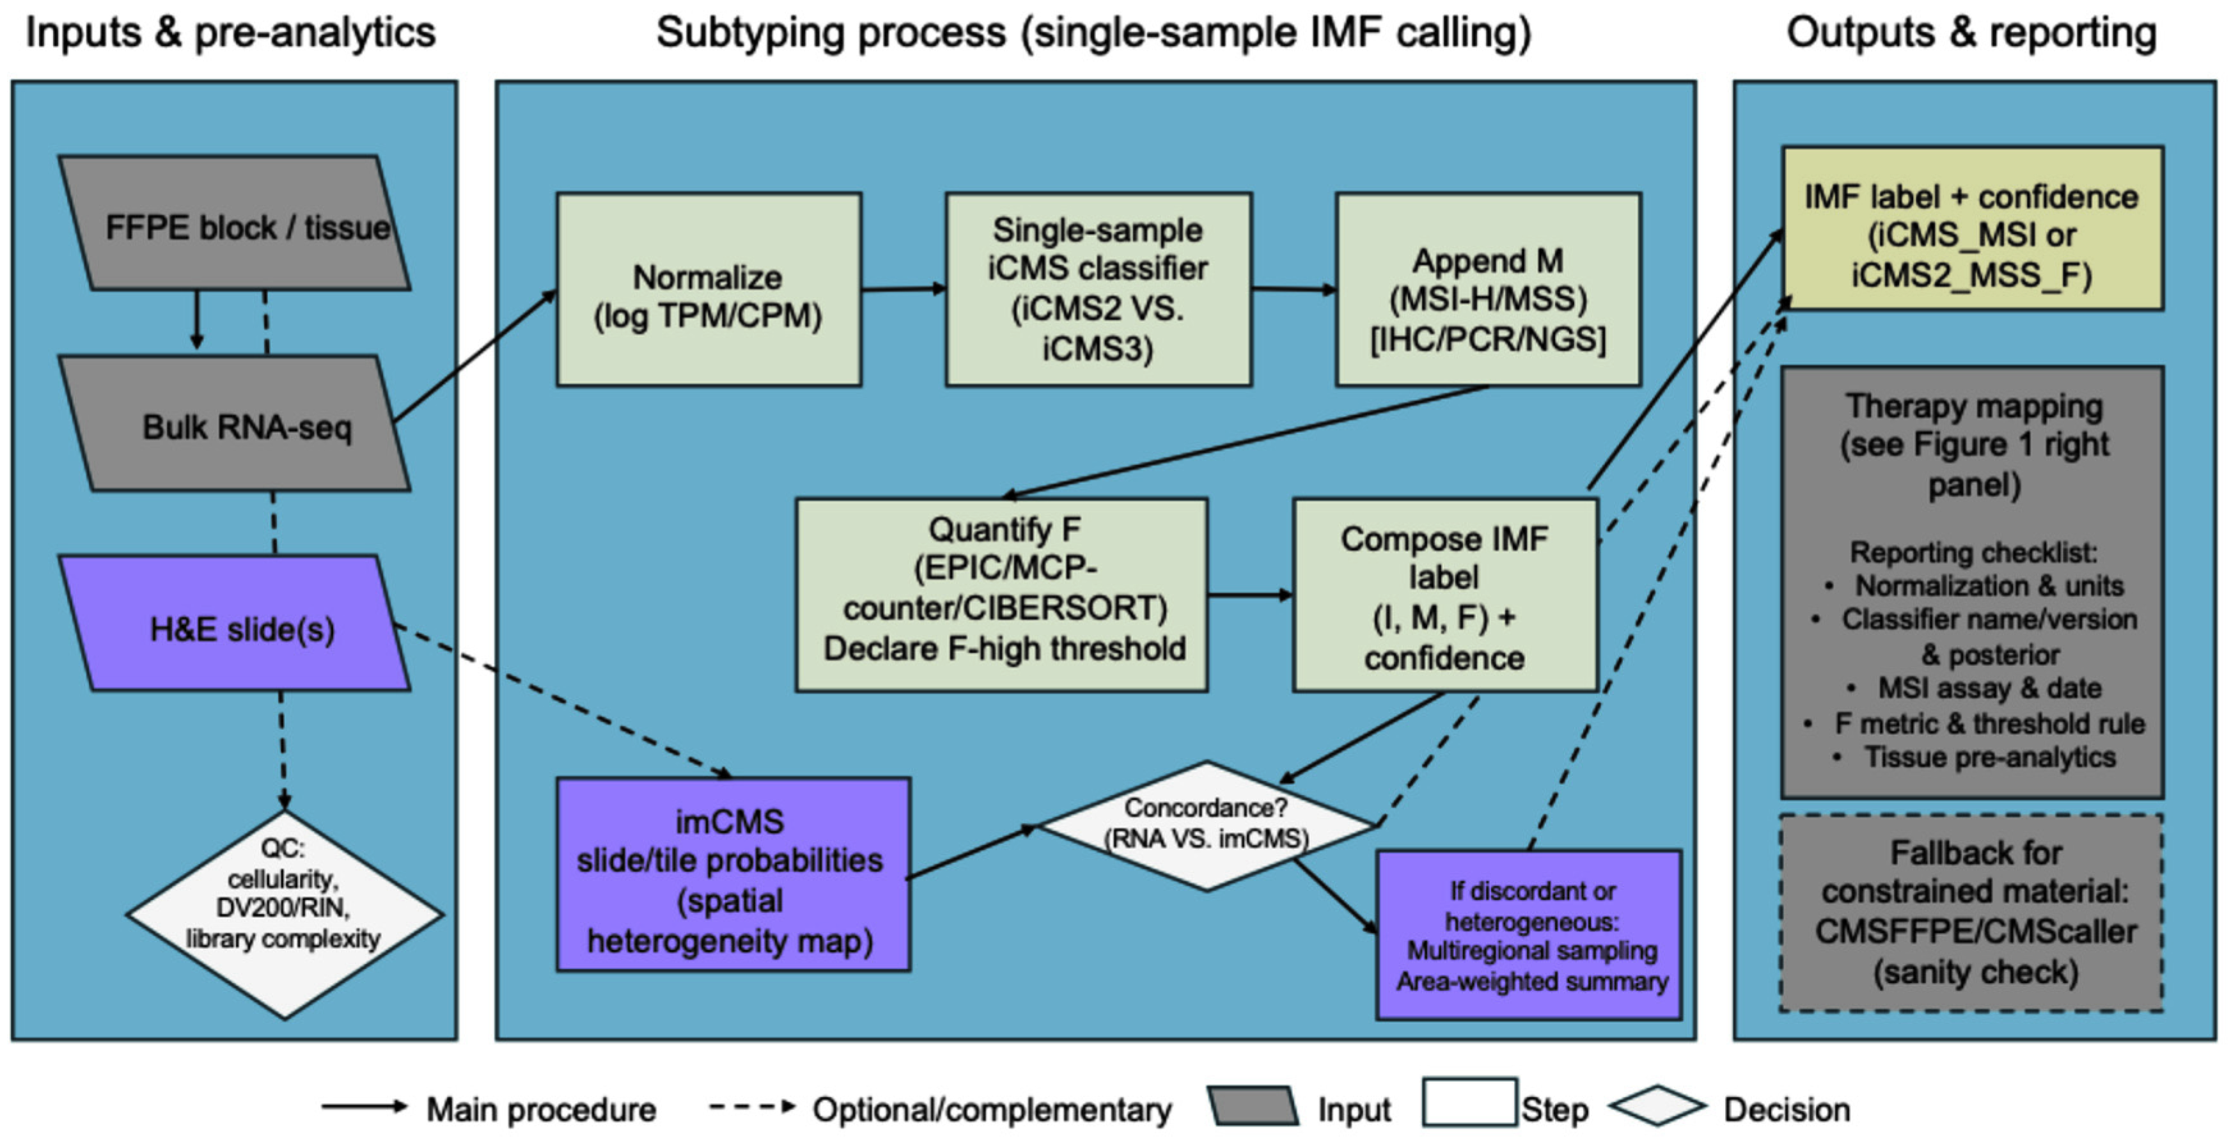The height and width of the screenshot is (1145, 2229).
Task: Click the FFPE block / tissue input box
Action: click(233, 223)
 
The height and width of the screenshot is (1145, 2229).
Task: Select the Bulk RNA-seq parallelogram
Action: click(233, 424)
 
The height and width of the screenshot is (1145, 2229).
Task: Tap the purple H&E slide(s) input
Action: click(233, 625)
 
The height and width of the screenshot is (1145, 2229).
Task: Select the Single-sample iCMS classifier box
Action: click(1097, 290)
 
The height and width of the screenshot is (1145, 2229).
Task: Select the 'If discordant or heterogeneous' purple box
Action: click(1529, 935)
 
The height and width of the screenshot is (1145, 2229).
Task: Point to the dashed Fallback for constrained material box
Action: click(1972, 913)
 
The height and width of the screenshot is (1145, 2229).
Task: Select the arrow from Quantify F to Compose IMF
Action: click(1249, 595)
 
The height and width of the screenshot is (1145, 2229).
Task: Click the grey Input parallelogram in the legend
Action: click(1253, 1107)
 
